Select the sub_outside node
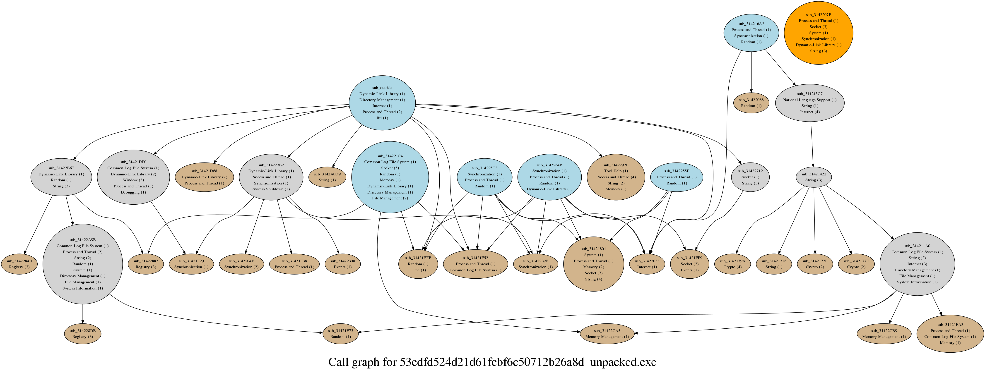point(382,103)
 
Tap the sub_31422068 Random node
point(751,103)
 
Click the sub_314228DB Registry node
point(83,334)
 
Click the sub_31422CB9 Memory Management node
point(884,334)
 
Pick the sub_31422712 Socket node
point(750,177)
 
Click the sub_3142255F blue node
point(677,177)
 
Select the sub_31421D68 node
point(204,177)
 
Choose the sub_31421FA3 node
point(950,334)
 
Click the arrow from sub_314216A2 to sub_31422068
point(751,72)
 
